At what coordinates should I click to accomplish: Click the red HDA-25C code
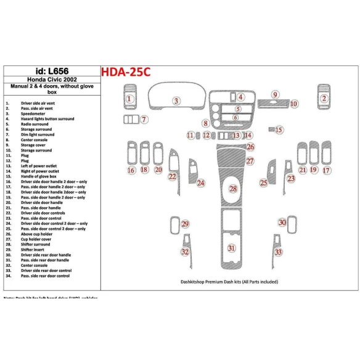[x=126, y=72]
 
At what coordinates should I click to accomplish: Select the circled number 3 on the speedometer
[x=176, y=100]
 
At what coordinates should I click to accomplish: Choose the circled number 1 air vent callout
[x=129, y=97]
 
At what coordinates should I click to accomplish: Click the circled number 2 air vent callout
[x=324, y=97]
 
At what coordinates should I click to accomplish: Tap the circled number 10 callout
[x=294, y=104]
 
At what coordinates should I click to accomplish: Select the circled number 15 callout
[x=279, y=130]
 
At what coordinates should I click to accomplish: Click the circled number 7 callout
[x=144, y=120]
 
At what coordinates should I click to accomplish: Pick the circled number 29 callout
[x=184, y=224]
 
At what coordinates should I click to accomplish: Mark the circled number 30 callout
[x=282, y=222]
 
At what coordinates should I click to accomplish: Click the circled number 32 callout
[x=184, y=252]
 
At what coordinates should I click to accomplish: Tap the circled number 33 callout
[x=279, y=252]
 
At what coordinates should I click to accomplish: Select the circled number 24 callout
[x=201, y=183]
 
